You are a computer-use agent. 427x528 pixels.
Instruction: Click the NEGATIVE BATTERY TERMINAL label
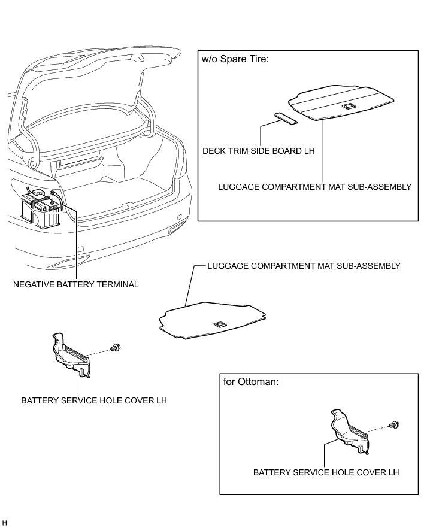coord(75,284)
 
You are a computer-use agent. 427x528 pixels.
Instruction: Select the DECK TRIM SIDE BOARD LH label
coord(258,151)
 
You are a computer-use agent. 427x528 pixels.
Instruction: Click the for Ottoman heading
coord(251,382)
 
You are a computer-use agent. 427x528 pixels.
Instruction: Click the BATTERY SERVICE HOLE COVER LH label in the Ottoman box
coord(326,472)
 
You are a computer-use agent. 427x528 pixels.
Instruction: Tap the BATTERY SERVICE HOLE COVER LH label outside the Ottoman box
coord(93,400)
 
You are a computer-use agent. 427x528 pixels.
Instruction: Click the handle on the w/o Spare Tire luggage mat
coord(347,106)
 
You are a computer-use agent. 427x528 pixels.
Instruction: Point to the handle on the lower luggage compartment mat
coord(220,324)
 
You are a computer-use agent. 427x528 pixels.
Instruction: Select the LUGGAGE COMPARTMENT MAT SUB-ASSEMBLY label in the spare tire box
coord(314,187)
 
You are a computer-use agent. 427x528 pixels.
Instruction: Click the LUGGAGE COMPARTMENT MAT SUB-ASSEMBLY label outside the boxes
coord(303,265)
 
